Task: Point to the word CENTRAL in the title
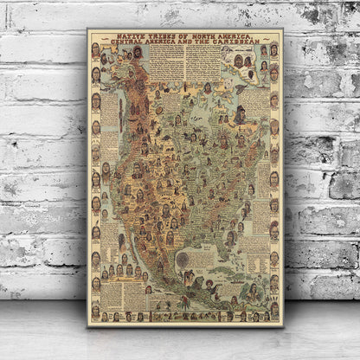pos(132,42)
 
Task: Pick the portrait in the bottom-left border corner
pos(95,312)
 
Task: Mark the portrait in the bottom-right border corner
pos(273,312)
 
